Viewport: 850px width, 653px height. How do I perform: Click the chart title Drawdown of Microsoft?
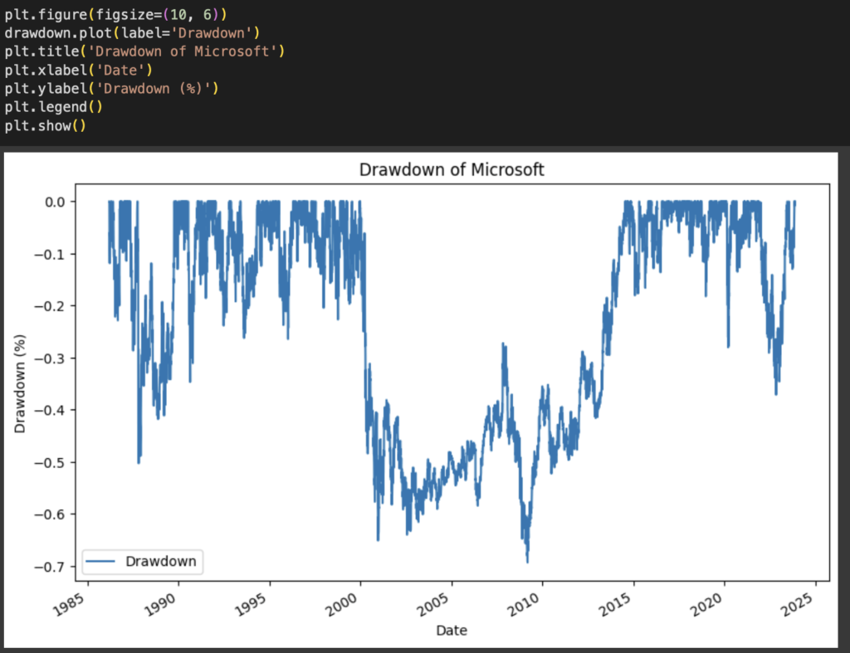[452, 170]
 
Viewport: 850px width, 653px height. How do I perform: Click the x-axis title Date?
[452, 631]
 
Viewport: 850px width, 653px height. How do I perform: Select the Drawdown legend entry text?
[160, 561]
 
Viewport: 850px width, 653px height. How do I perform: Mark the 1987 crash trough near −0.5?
[139, 461]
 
